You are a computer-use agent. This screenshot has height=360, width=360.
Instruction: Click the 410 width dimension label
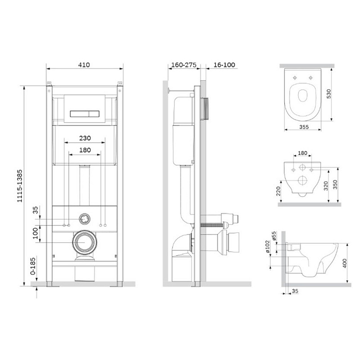[84, 65]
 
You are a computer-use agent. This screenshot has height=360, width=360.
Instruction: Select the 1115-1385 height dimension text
[20, 186]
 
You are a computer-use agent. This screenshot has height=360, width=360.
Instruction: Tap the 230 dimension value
[85, 138]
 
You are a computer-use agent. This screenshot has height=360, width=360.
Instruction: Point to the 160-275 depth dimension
[184, 65]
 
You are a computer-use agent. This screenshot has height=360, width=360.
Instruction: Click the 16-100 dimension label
[224, 65]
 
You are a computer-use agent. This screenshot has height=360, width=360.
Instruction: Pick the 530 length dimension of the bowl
[329, 94]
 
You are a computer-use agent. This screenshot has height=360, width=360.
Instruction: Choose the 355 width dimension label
[304, 127]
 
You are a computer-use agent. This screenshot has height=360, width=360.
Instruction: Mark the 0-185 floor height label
[33, 266]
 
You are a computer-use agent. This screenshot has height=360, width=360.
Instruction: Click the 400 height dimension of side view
[345, 263]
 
